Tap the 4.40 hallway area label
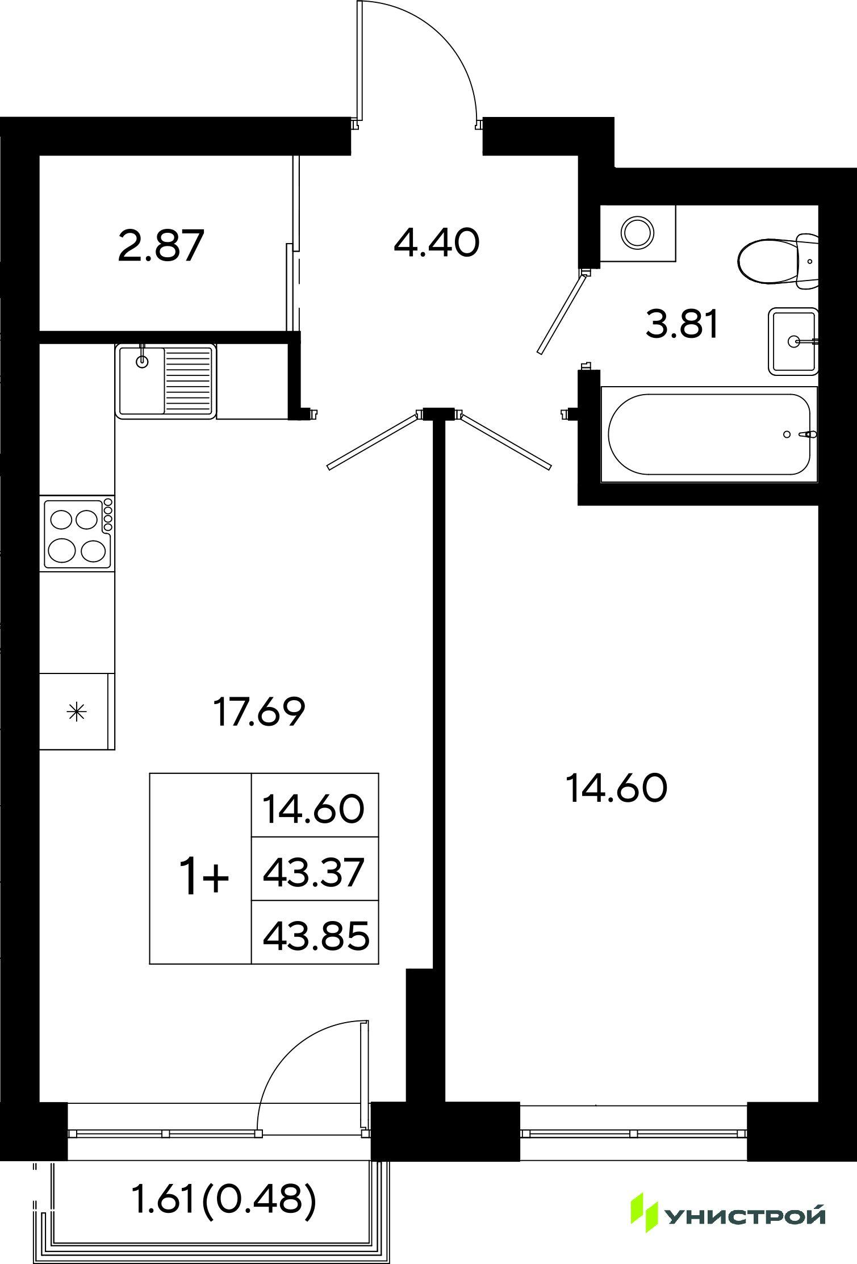click(x=437, y=242)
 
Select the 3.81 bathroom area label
click(x=683, y=325)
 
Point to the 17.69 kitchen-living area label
click(x=260, y=712)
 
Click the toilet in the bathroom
click(x=778, y=260)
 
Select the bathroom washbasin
click(x=793, y=341)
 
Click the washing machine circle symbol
click(x=638, y=232)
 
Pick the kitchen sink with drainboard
click(x=166, y=380)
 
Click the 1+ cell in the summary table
click(x=200, y=869)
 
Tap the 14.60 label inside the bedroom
click(x=617, y=789)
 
